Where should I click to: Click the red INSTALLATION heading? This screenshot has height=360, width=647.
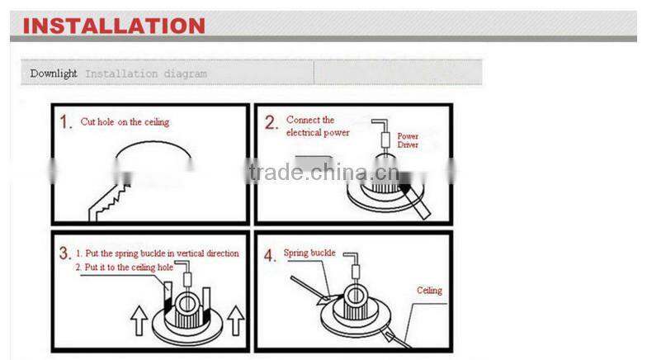click(x=114, y=25)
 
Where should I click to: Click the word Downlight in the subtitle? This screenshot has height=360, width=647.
click(x=54, y=73)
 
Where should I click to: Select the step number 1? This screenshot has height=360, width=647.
click(x=66, y=123)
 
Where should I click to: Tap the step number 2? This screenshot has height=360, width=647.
click(x=271, y=123)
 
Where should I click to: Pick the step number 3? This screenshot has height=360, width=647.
click(x=64, y=253)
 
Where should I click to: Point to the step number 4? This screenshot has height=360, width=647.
click(x=270, y=255)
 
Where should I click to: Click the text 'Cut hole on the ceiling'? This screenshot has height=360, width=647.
click(x=125, y=122)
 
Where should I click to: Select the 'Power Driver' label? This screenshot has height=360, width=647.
click(x=408, y=140)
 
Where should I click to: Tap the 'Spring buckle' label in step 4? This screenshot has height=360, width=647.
click(x=309, y=253)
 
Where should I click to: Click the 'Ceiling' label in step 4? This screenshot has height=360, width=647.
click(x=428, y=291)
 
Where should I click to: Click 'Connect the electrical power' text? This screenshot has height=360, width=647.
click(x=317, y=126)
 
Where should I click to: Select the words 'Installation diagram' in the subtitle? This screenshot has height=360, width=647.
click(x=146, y=73)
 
